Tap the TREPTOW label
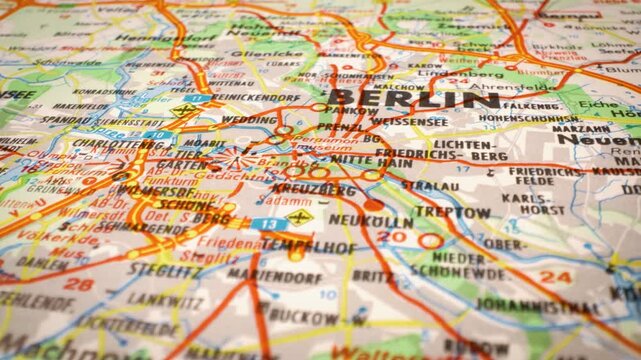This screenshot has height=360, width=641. (452, 212)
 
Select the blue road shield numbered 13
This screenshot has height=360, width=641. (267, 223)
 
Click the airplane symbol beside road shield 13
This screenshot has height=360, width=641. (298, 216)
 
